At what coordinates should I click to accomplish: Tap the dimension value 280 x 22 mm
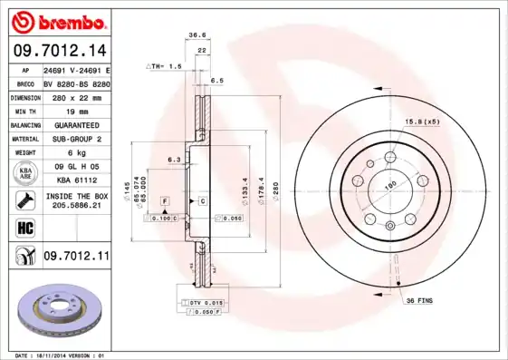76,96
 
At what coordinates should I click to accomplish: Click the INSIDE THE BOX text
76,196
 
